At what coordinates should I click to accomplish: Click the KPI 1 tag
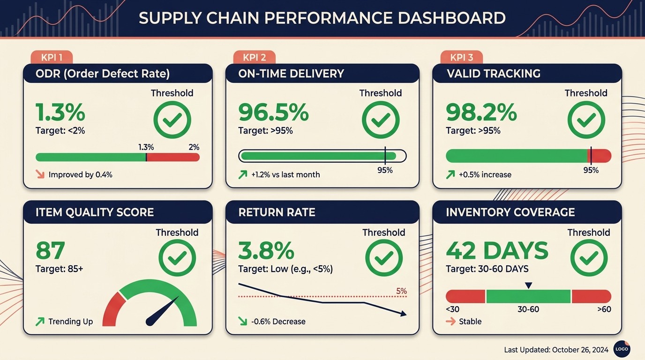(52, 58)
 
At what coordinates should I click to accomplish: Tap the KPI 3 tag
(461, 58)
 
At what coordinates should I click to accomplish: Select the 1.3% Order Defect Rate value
(60, 112)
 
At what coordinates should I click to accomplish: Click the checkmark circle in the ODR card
(172, 120)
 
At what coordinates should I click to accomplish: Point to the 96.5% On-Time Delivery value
(273, 112)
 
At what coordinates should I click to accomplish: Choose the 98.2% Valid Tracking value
(481, 112)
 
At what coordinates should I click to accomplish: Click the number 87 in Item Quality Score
(50, 251)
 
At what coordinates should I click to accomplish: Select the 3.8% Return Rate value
(266, 251)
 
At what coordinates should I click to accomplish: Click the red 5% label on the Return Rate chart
(401, 291)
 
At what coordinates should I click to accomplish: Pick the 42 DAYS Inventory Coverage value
(497, 251)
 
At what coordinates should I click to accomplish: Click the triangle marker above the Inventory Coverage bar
(529, 285)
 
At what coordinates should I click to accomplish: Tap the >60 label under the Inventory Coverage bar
(604, 309)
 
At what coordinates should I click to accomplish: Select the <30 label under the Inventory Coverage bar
(453, 309)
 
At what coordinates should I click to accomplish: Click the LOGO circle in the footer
(622, 349)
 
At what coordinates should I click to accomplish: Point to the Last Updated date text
(556, 350)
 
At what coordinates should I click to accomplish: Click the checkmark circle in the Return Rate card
(383, 258)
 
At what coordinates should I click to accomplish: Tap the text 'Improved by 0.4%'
(80, 175)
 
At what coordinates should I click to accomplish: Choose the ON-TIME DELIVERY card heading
(291, 74)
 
